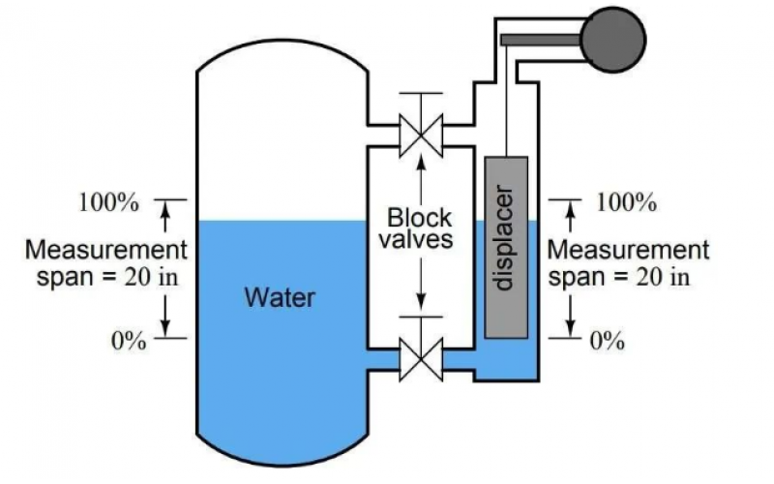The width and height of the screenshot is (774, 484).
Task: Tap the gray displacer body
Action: [506, 247]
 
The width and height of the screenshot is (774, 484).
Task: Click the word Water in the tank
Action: [279, 296]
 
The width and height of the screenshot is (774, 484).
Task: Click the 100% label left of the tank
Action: [108, 203]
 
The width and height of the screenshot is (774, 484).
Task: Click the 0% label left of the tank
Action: [127, 341]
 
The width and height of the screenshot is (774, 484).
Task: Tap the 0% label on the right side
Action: [608, 342]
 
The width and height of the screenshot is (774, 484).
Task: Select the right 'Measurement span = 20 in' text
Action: [629, 262]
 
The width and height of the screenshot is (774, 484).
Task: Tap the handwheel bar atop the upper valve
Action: [421, 94]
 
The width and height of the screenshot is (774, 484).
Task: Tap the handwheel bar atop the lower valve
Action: [421, 318]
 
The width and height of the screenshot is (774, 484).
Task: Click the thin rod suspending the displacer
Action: [506, 97]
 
